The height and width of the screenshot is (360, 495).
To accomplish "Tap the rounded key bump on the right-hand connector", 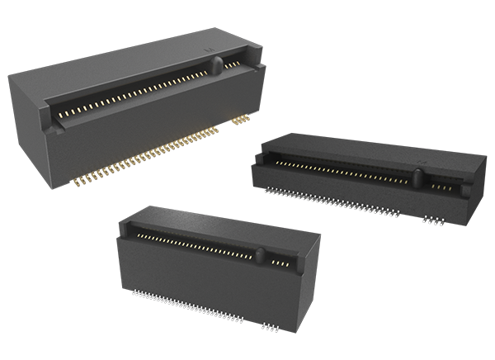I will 417,177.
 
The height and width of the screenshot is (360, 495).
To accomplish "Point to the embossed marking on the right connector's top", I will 423,154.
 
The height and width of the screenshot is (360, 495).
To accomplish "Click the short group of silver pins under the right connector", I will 431,220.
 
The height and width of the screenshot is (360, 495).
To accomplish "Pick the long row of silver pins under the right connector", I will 330,201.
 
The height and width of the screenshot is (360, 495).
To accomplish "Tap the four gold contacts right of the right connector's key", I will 441,187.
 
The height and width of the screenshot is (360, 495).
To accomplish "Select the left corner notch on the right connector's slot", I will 273,168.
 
